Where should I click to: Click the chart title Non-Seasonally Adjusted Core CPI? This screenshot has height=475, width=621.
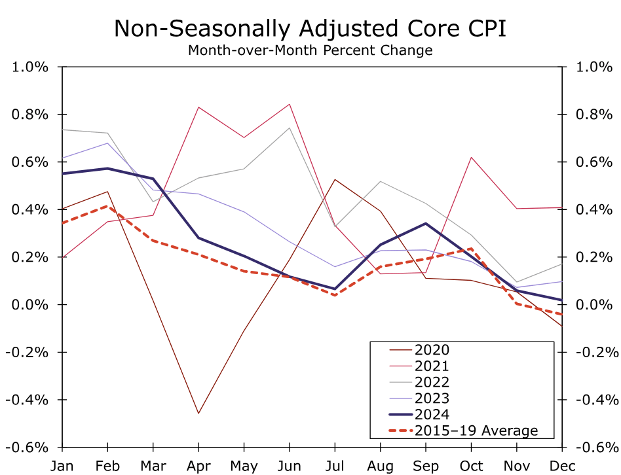(310, 29)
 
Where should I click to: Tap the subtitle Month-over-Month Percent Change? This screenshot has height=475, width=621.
(310, 50)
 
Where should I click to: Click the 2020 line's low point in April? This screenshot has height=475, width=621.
(198, 413)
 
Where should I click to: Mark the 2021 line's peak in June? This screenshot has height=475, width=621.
(290, 104)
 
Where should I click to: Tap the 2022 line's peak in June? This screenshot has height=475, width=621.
(290, 128)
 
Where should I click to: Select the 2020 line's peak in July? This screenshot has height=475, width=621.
(335, 179)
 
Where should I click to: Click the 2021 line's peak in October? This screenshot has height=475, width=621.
(471, 157)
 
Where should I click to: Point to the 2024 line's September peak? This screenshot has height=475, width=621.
(426, 223)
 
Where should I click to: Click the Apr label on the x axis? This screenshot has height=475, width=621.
(198, 466)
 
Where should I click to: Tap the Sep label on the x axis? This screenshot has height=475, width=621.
(426, 466)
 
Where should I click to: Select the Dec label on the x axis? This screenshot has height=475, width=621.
(562, 466)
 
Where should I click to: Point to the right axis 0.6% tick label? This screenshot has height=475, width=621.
(593, 162)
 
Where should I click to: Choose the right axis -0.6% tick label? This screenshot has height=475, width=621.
(595, 448)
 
